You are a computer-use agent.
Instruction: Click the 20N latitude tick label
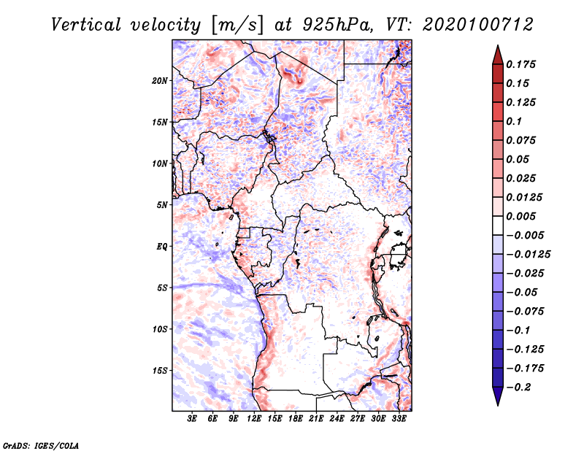click(160, 80)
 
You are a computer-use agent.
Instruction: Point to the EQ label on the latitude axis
click(161, 246)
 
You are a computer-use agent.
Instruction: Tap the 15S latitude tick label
click(160, 370)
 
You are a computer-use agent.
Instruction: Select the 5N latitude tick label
click(161, 204)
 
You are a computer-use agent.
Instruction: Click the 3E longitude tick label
click(193, 419)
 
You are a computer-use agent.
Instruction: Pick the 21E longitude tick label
click(317, 419)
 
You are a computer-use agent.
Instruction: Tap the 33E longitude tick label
click(399, 419)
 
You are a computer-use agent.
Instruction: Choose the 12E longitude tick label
click(255, 419)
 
